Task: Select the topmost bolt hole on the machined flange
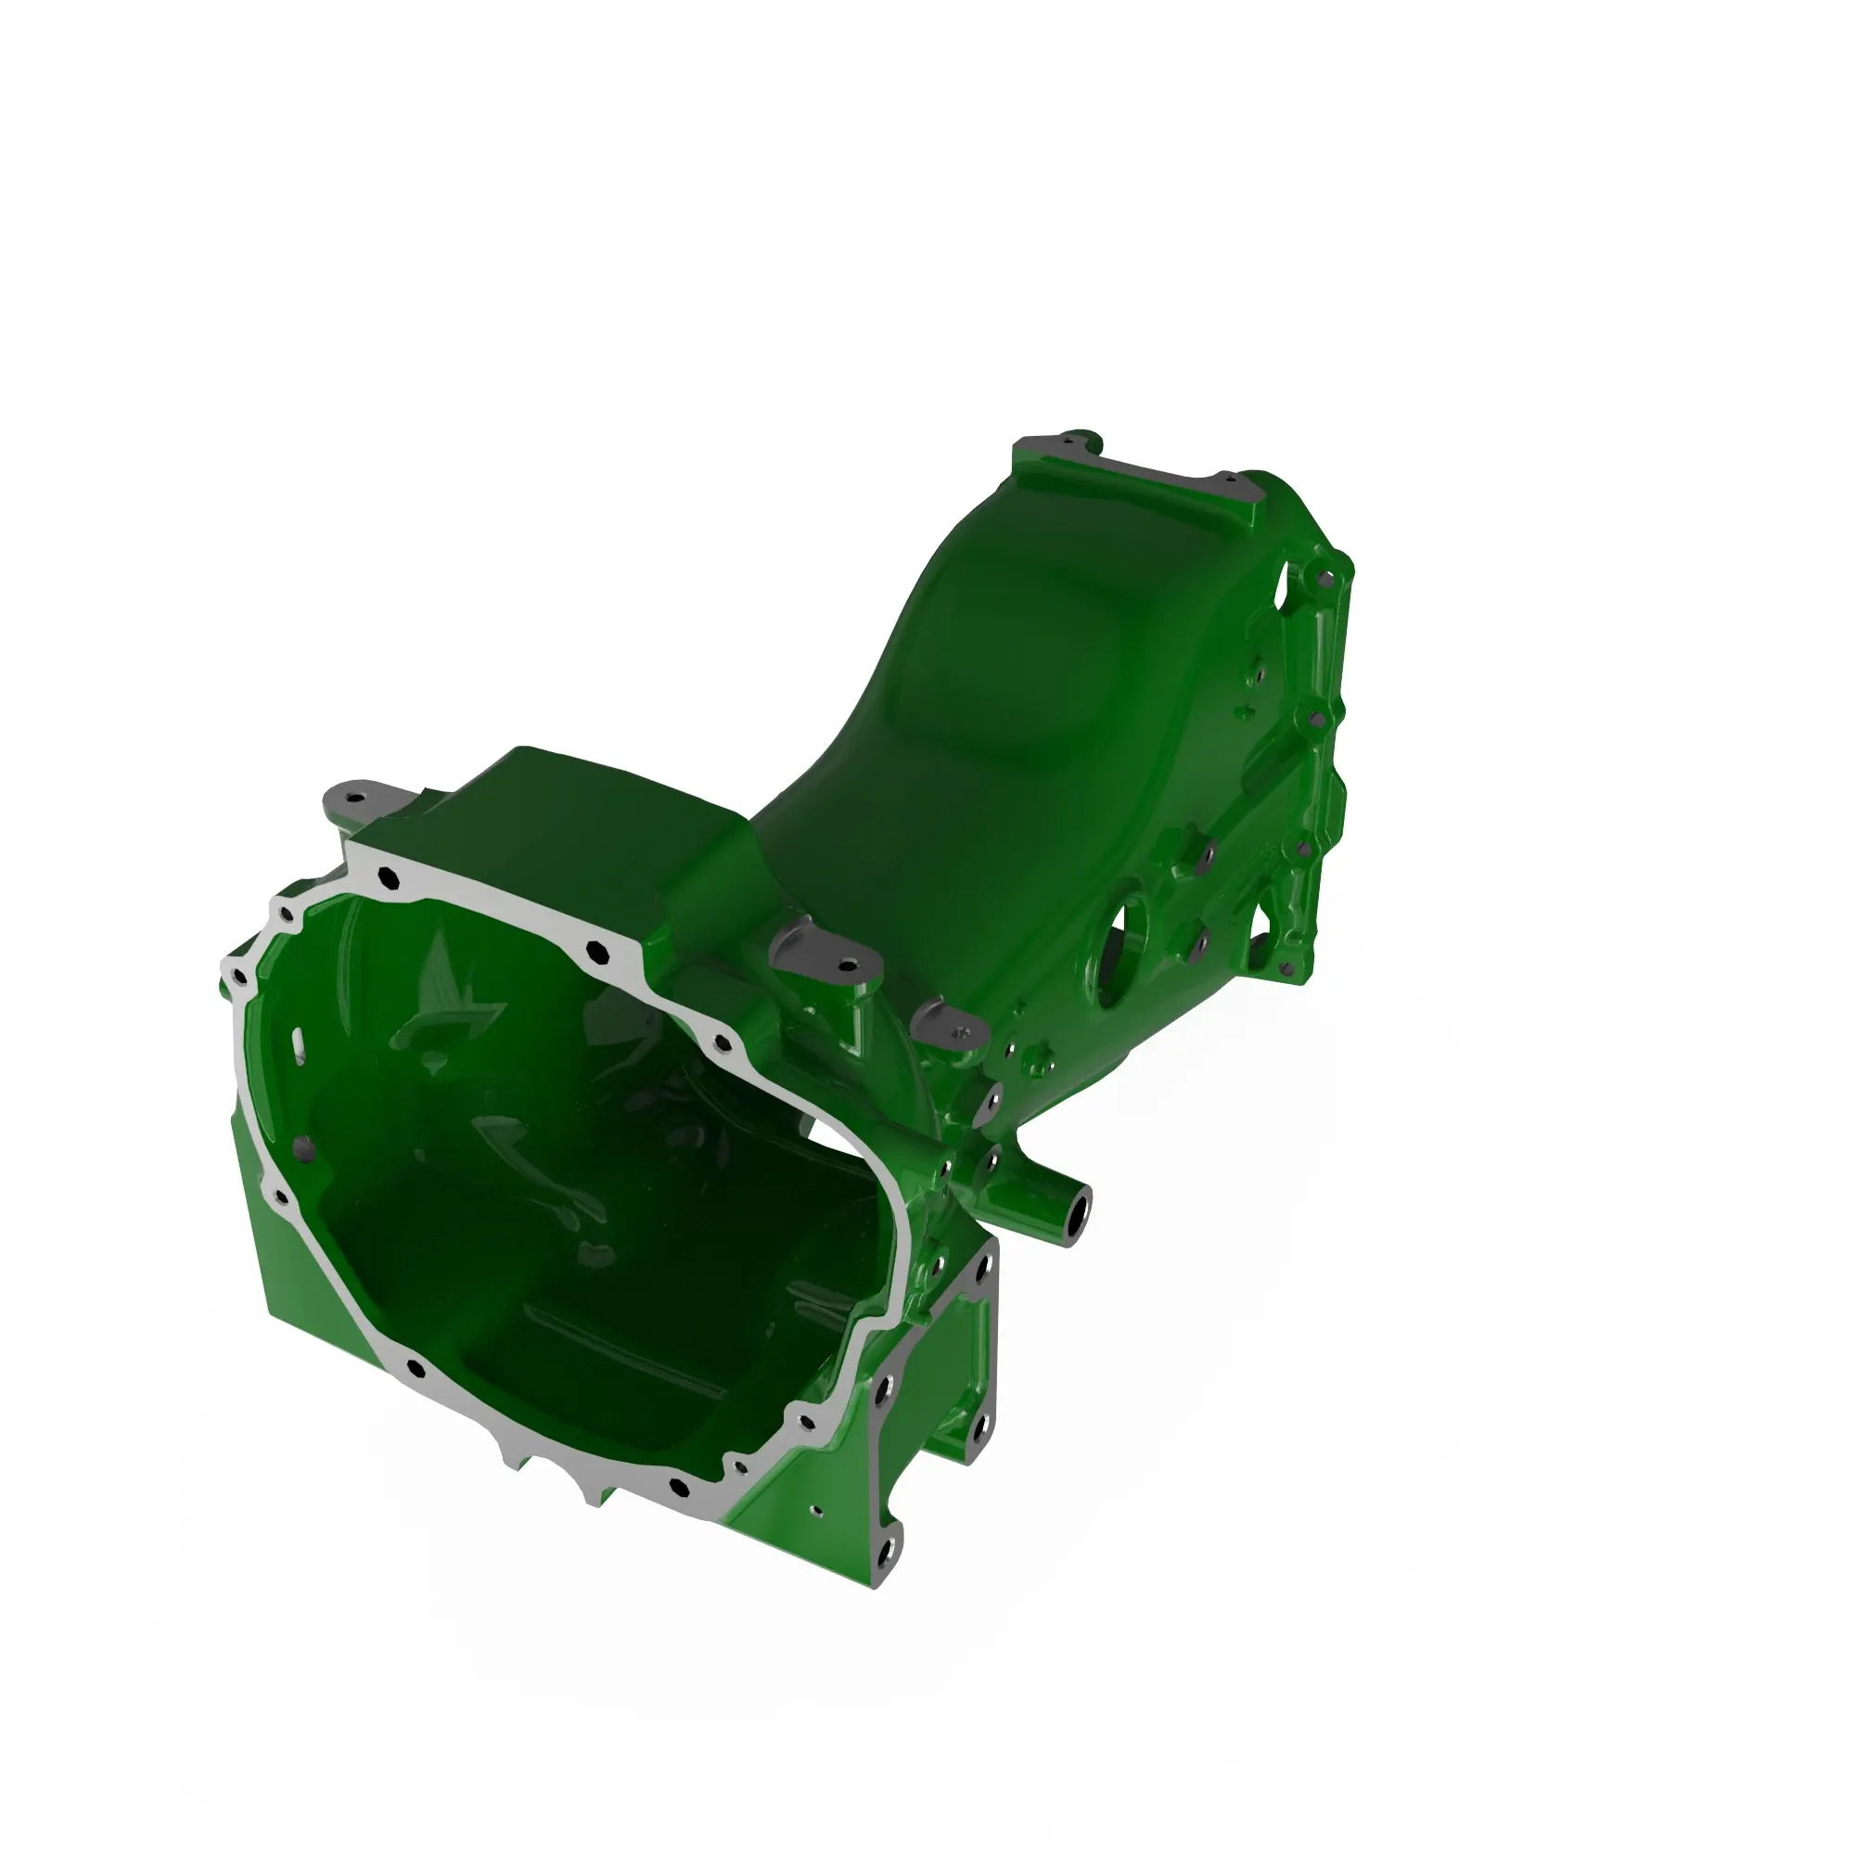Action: coord(388,876)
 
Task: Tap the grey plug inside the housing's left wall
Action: coord(303,1146)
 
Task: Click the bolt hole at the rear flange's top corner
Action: coord(1326,579)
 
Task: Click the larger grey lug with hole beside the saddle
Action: coord(825,955)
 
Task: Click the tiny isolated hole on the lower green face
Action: coord(817,1510)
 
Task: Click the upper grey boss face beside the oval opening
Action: coord(1205,851)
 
